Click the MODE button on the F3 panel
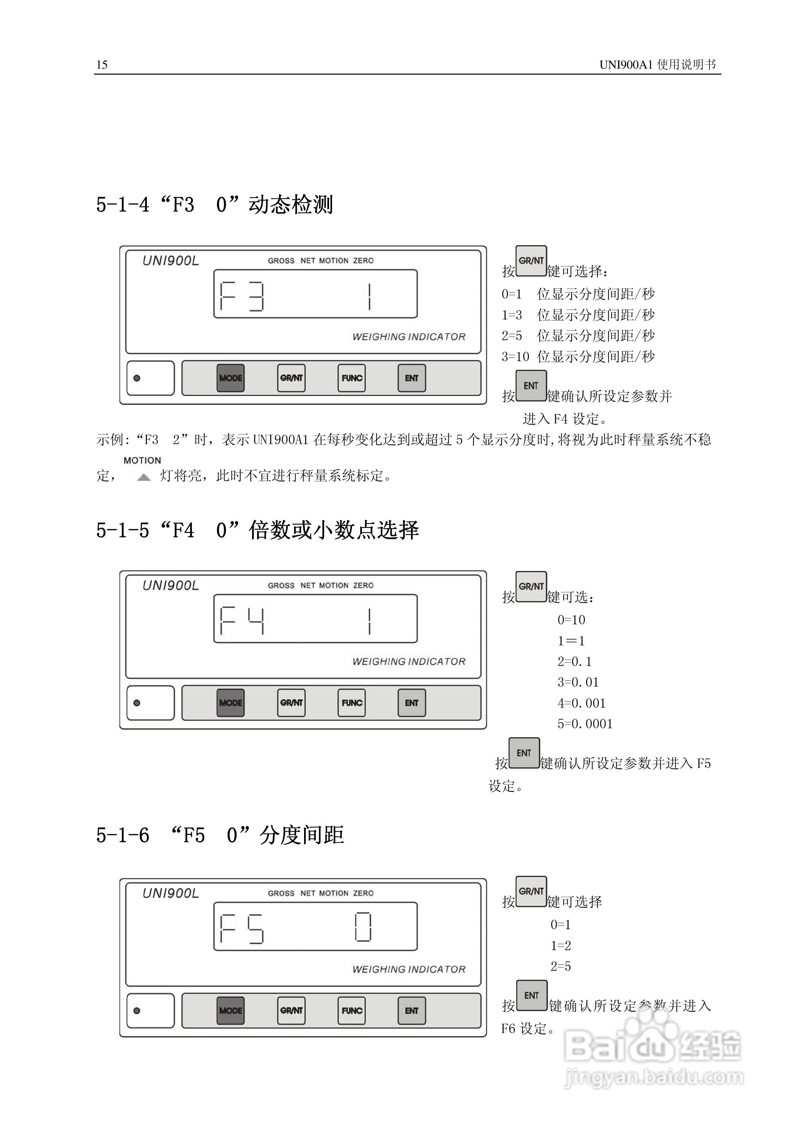click(230, 378)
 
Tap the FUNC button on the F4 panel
click(352, 703)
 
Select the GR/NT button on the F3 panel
click(291, 378)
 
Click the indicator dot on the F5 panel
click(137, 1011)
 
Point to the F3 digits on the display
click(242, 296)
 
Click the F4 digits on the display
click(242, 621)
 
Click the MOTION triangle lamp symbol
click(144, 477)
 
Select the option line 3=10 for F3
click(578, 357)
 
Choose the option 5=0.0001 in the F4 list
click(585, 724)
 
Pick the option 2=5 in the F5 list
click(561, 966)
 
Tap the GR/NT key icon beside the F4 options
click(531, 586)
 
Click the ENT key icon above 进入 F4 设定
click(531, 385)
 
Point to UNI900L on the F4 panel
click(171, 585)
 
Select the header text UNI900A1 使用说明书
click(658, 65)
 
